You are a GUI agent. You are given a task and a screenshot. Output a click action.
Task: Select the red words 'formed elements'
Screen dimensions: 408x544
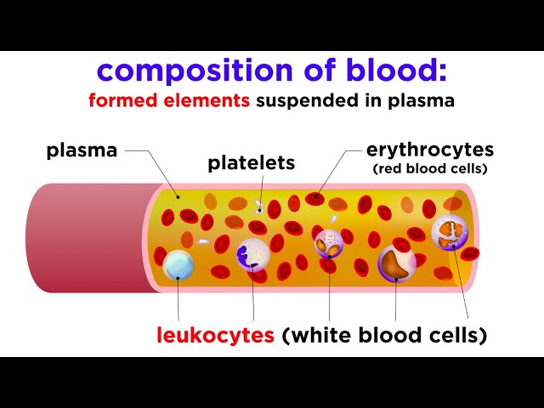170,100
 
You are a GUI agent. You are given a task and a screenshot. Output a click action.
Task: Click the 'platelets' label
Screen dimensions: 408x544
251,162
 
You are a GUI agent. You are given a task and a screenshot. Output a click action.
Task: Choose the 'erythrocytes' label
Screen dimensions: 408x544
429,150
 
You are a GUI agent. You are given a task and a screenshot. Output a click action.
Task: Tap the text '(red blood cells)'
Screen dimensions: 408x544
429,168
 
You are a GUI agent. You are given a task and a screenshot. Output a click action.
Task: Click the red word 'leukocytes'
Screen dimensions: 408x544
215,335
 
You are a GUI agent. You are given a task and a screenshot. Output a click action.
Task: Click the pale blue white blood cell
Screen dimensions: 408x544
178,265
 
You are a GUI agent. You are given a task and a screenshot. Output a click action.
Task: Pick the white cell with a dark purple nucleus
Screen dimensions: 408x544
252,254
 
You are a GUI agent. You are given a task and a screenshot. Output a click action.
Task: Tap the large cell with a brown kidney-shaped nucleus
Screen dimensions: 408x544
396,263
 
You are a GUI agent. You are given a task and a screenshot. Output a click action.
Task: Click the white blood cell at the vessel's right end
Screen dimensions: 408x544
449,232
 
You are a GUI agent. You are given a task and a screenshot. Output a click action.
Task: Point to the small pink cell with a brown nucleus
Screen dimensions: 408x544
328,242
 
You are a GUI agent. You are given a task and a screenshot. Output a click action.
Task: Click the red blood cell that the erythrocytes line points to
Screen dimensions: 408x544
314,199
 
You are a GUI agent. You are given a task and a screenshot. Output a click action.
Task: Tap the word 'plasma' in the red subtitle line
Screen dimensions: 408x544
426,100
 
